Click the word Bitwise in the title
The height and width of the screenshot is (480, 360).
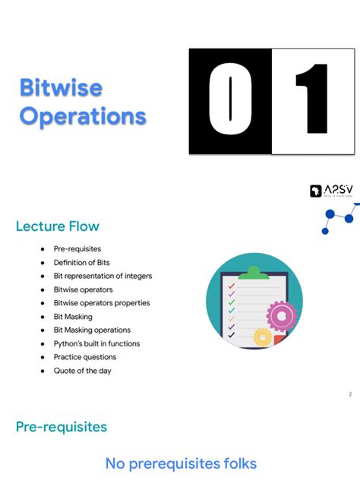[61, 87]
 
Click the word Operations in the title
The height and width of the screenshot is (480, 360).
[82, 116]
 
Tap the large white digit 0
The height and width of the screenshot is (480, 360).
[230, 101]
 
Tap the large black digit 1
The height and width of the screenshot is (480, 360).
[313, 101]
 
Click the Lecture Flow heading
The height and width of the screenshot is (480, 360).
[57, 226]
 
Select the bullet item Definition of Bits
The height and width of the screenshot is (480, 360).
[81, 262]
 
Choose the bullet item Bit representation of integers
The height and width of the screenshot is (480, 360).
[103, 276]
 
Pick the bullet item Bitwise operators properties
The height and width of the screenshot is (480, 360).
[101, 303]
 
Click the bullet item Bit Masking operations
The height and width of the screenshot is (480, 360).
[92, 330]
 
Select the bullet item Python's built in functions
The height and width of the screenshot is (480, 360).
[96, 344]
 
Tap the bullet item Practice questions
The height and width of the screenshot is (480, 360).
[84, 357]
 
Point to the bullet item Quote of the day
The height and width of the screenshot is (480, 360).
[82, 371]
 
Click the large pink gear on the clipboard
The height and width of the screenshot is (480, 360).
[280, 315]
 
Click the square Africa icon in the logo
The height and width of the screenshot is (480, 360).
[316, 191]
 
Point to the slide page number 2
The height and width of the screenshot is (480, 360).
[350, 394]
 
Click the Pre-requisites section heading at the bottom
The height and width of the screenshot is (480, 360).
[62, 427]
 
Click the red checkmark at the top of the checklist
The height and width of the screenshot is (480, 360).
[230, 287]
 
